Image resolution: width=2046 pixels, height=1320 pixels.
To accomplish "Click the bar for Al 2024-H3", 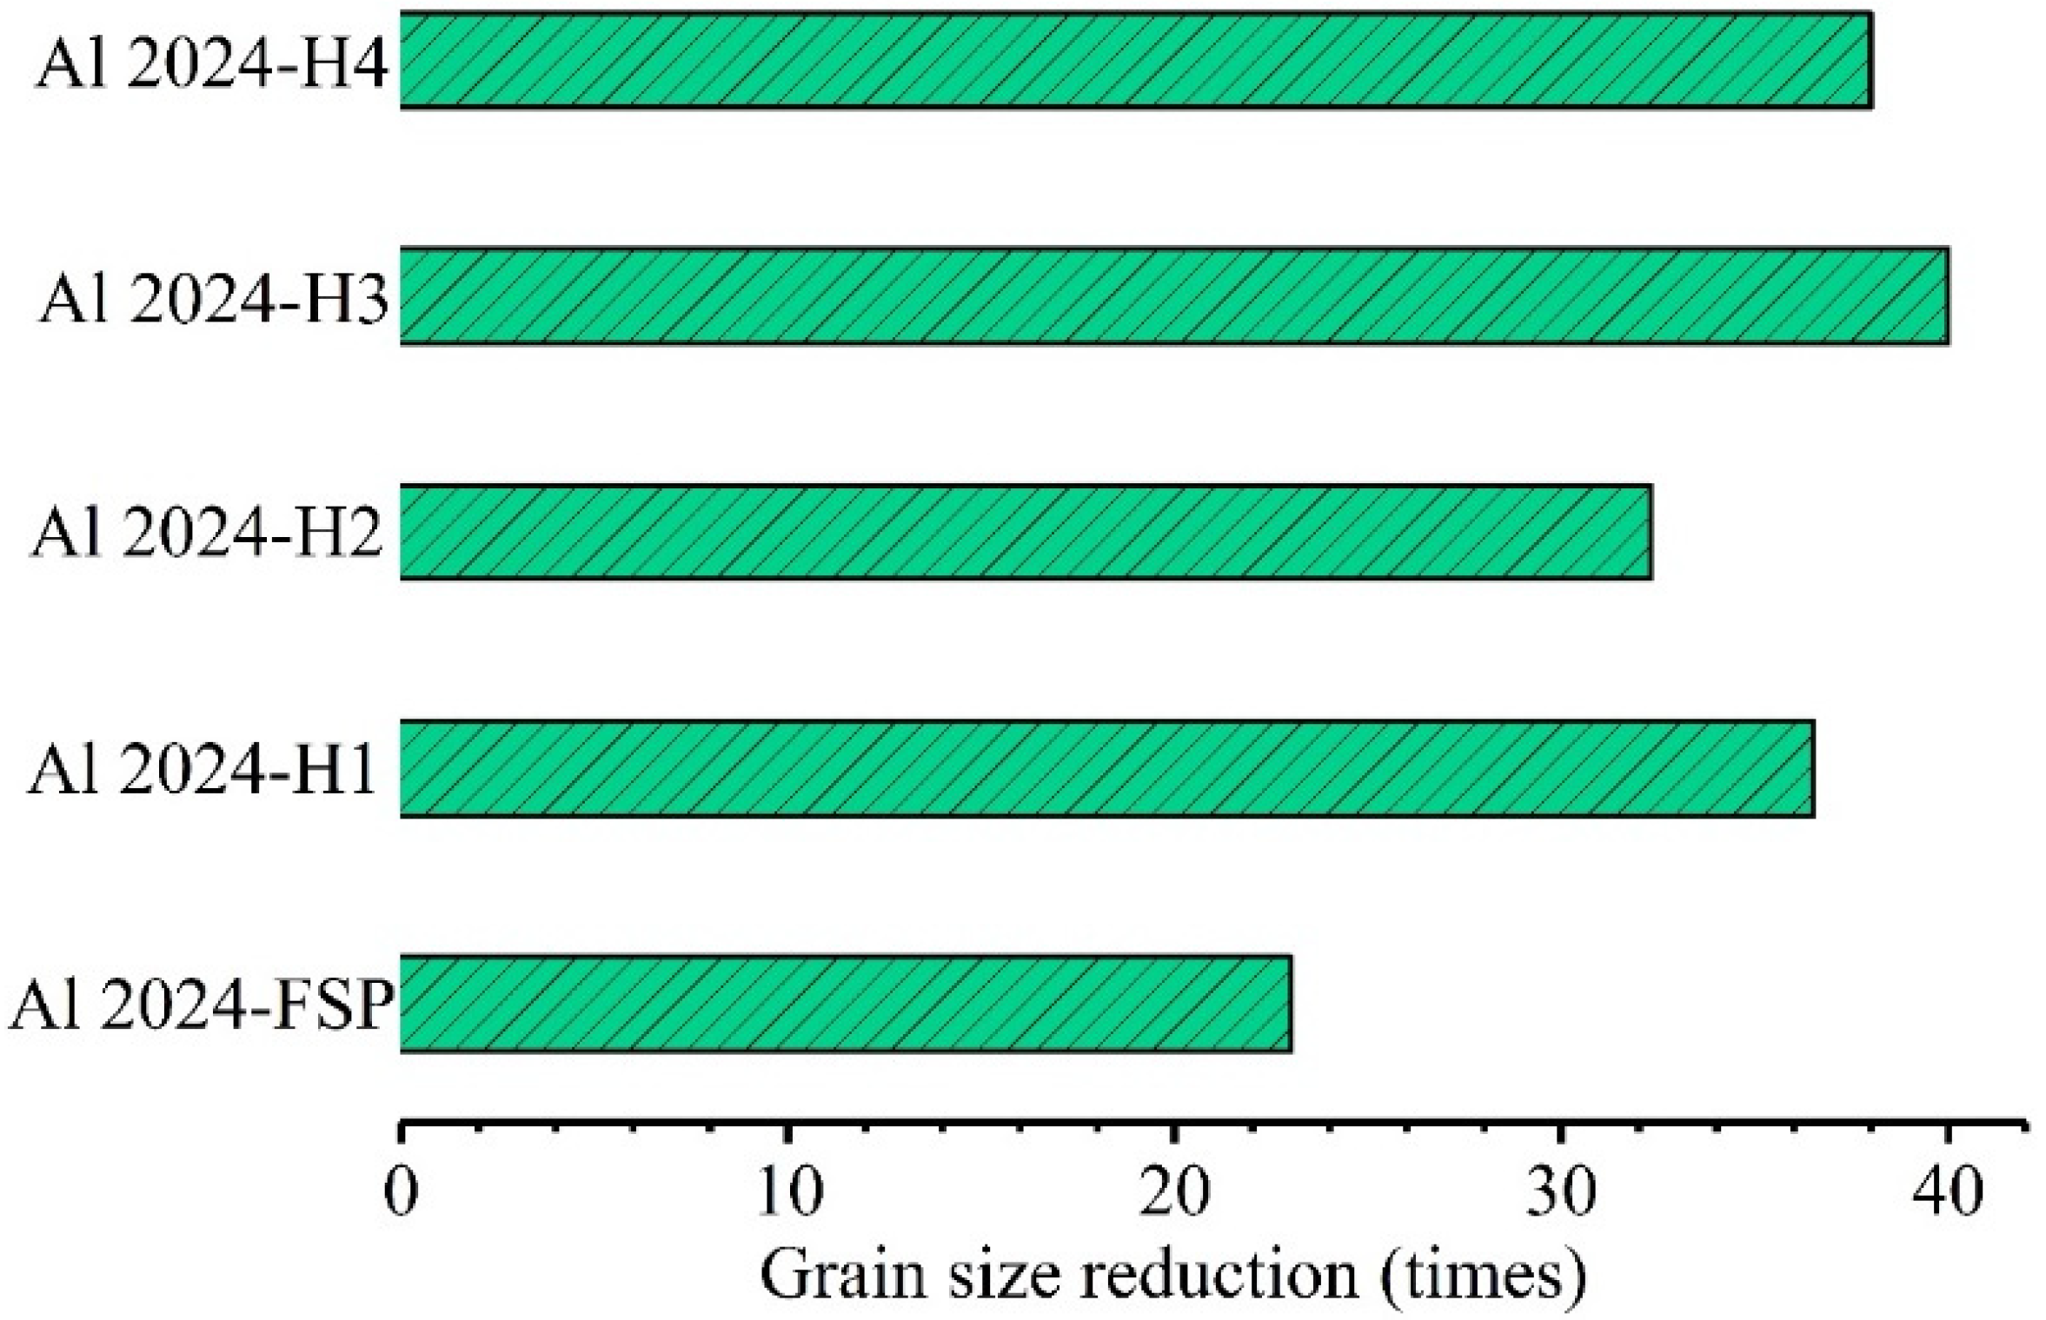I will point(1173,296).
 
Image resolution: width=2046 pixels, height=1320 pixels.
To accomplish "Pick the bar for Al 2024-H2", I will point(1026,532).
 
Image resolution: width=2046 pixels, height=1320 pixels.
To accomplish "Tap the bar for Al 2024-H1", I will point(1106,768).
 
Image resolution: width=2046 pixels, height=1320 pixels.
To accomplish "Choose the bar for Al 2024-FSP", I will point(845,1004).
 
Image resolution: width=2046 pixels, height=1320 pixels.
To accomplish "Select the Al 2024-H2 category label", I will point(207,535).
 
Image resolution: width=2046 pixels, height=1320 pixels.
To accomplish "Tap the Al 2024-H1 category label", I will point(202,771).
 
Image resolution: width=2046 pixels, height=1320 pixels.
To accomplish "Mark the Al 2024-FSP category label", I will point(200,1006).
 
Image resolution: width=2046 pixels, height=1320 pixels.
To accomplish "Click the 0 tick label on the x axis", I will point(401,1194).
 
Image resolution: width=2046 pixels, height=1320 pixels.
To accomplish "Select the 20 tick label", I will point(1173,1194).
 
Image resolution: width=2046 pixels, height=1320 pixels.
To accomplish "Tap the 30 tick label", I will point(1562,1194).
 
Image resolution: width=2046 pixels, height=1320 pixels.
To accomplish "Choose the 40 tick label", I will point(1948,1194).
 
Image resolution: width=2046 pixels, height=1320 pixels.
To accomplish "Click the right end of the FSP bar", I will point(1290,1004).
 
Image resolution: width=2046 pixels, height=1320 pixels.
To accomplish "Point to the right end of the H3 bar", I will point(1947,296).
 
